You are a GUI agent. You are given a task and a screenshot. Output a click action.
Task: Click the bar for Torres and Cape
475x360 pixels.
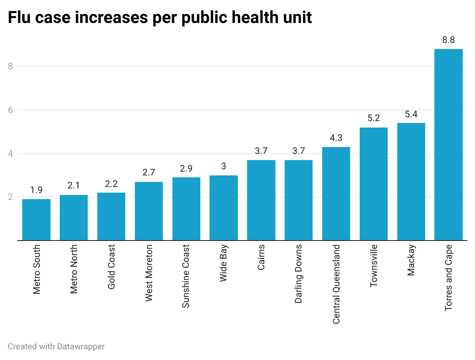448,145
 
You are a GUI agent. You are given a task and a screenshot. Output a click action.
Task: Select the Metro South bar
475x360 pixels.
36,220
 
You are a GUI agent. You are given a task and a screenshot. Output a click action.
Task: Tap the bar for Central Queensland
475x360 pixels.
336,194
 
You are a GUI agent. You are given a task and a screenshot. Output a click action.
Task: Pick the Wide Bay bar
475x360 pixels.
224,208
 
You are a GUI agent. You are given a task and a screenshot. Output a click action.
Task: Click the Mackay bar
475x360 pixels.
411,182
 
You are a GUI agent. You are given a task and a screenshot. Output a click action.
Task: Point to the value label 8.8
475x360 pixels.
448,40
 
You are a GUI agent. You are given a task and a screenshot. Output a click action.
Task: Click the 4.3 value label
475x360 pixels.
336,138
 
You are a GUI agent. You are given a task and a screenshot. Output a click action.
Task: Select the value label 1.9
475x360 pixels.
36,190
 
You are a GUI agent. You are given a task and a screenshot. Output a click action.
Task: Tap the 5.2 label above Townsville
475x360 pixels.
373,118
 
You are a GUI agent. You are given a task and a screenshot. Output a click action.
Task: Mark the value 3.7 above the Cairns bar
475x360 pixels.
261,151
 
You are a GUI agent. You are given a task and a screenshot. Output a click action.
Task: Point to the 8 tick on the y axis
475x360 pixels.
10,66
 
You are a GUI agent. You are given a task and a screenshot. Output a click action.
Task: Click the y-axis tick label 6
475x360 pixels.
10,110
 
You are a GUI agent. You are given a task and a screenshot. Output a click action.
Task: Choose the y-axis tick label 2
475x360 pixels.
10,197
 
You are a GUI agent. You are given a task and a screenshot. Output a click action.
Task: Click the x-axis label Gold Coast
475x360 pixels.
111,267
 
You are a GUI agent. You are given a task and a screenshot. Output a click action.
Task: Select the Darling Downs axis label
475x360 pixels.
299,274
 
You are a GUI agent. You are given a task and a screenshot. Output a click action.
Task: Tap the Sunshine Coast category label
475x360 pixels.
186,276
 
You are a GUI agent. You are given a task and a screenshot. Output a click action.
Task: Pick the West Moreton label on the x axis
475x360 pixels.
149,273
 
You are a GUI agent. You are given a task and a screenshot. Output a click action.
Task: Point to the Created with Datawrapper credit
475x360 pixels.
56,347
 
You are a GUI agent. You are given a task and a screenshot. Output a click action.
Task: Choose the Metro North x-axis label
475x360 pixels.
74,269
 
